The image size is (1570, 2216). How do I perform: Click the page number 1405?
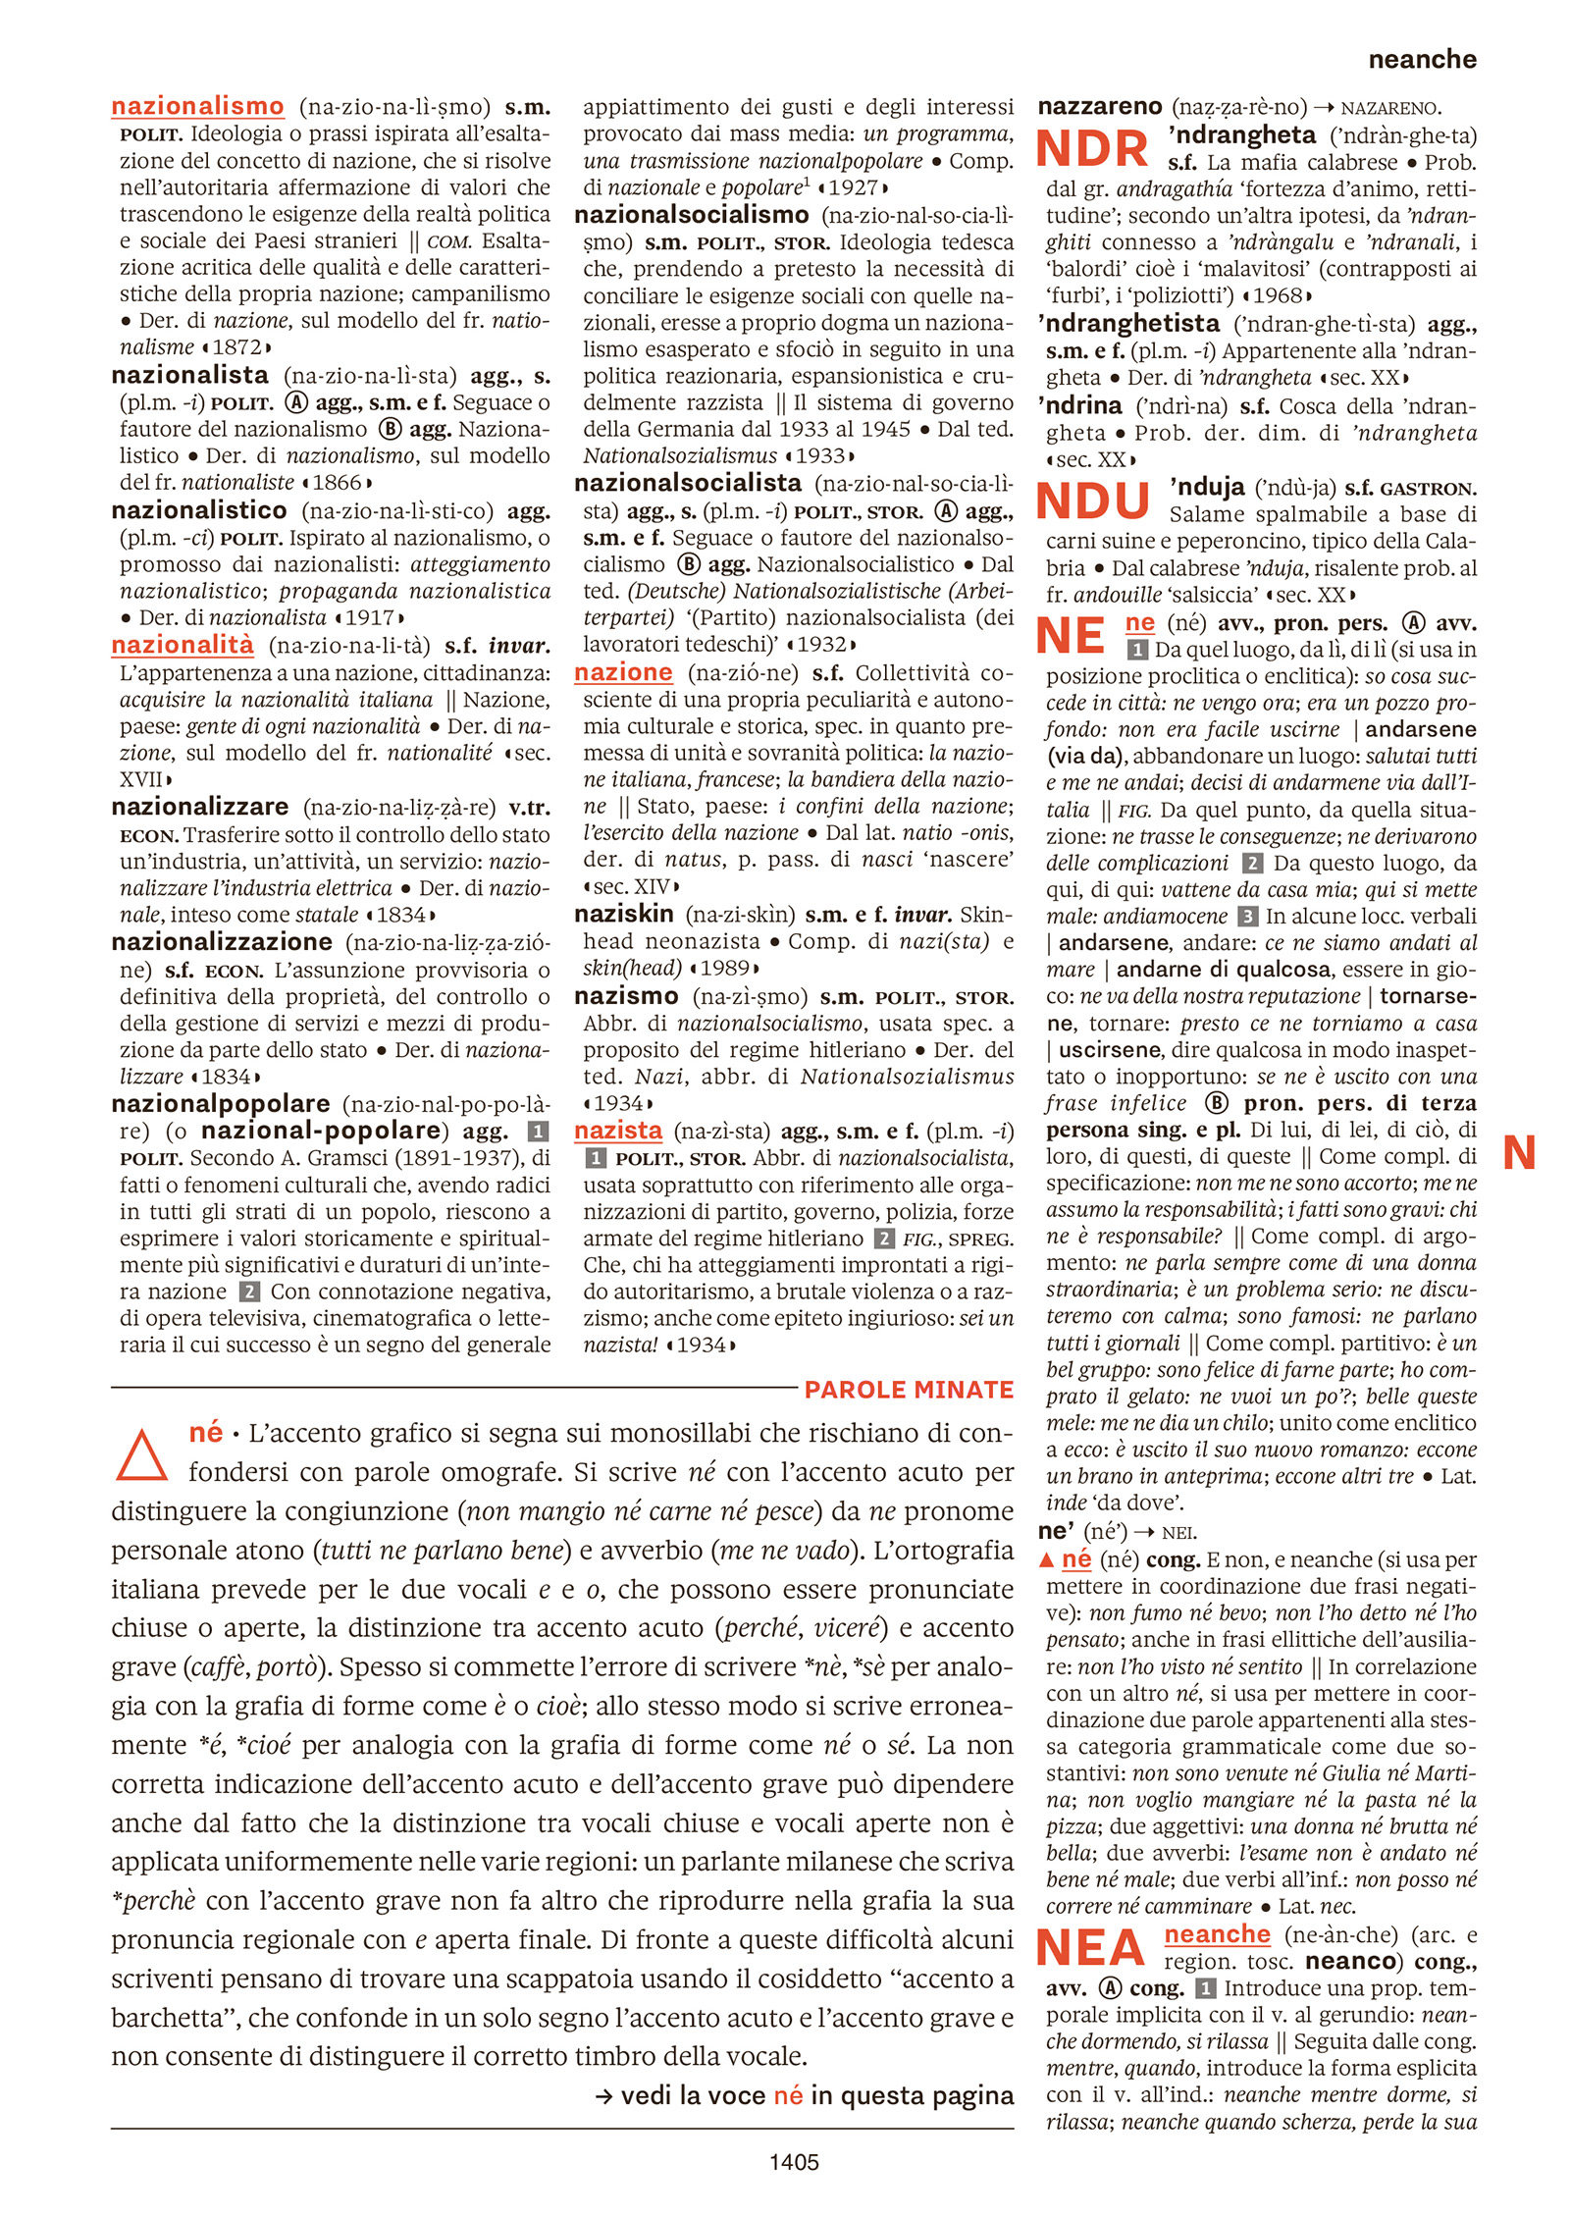(x=793, y=2161)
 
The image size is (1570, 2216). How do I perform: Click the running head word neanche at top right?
(x=1422, y=60)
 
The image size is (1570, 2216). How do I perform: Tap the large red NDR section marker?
(x=1092, y=149)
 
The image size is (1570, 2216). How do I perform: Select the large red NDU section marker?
(x=1093, y=501)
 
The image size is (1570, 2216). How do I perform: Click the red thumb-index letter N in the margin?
(x=1519, y=1152)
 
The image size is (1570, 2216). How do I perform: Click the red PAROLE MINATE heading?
(x=909, y=1390)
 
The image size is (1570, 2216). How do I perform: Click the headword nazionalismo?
(x=197, y=106)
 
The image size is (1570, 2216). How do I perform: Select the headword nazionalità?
(x=183, y=645)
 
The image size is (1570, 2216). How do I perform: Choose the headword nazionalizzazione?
(x=222, y=942)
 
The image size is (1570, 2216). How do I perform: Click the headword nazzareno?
(x=1099, y=106)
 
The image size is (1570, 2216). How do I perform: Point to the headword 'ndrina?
(x=1079, y=405)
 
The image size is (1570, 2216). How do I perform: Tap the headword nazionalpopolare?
(x=220, y=1103)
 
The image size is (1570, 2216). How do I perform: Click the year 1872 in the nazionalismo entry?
(x=236, y=347)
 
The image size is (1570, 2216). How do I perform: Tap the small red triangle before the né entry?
(x=1046, y=1559)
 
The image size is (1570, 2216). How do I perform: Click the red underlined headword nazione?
(x=623, y=672)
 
